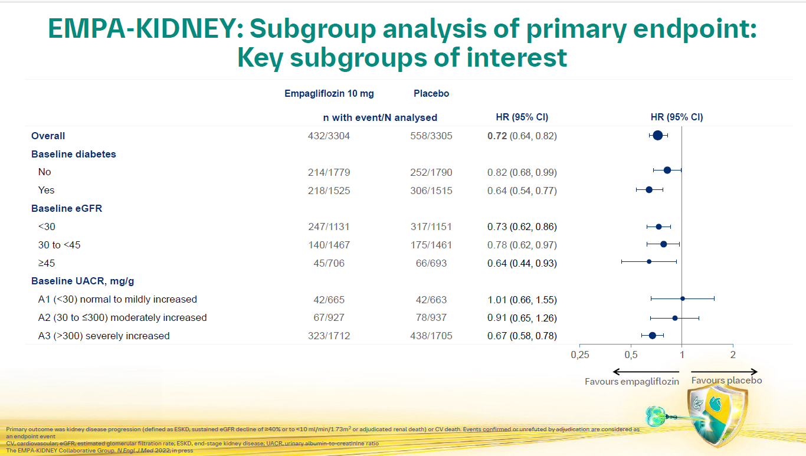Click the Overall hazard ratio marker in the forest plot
658,136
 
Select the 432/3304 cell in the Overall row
329,136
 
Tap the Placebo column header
431,94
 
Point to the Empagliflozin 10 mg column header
329,94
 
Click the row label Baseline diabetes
74,154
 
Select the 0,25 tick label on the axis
580,355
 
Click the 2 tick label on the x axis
733,355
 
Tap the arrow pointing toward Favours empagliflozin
646,372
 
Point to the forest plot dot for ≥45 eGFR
649,261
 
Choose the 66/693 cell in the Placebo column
431,263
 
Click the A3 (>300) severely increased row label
104,336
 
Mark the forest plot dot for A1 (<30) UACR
683,298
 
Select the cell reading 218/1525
329,191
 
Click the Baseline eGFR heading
67,208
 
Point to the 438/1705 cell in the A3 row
431,336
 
